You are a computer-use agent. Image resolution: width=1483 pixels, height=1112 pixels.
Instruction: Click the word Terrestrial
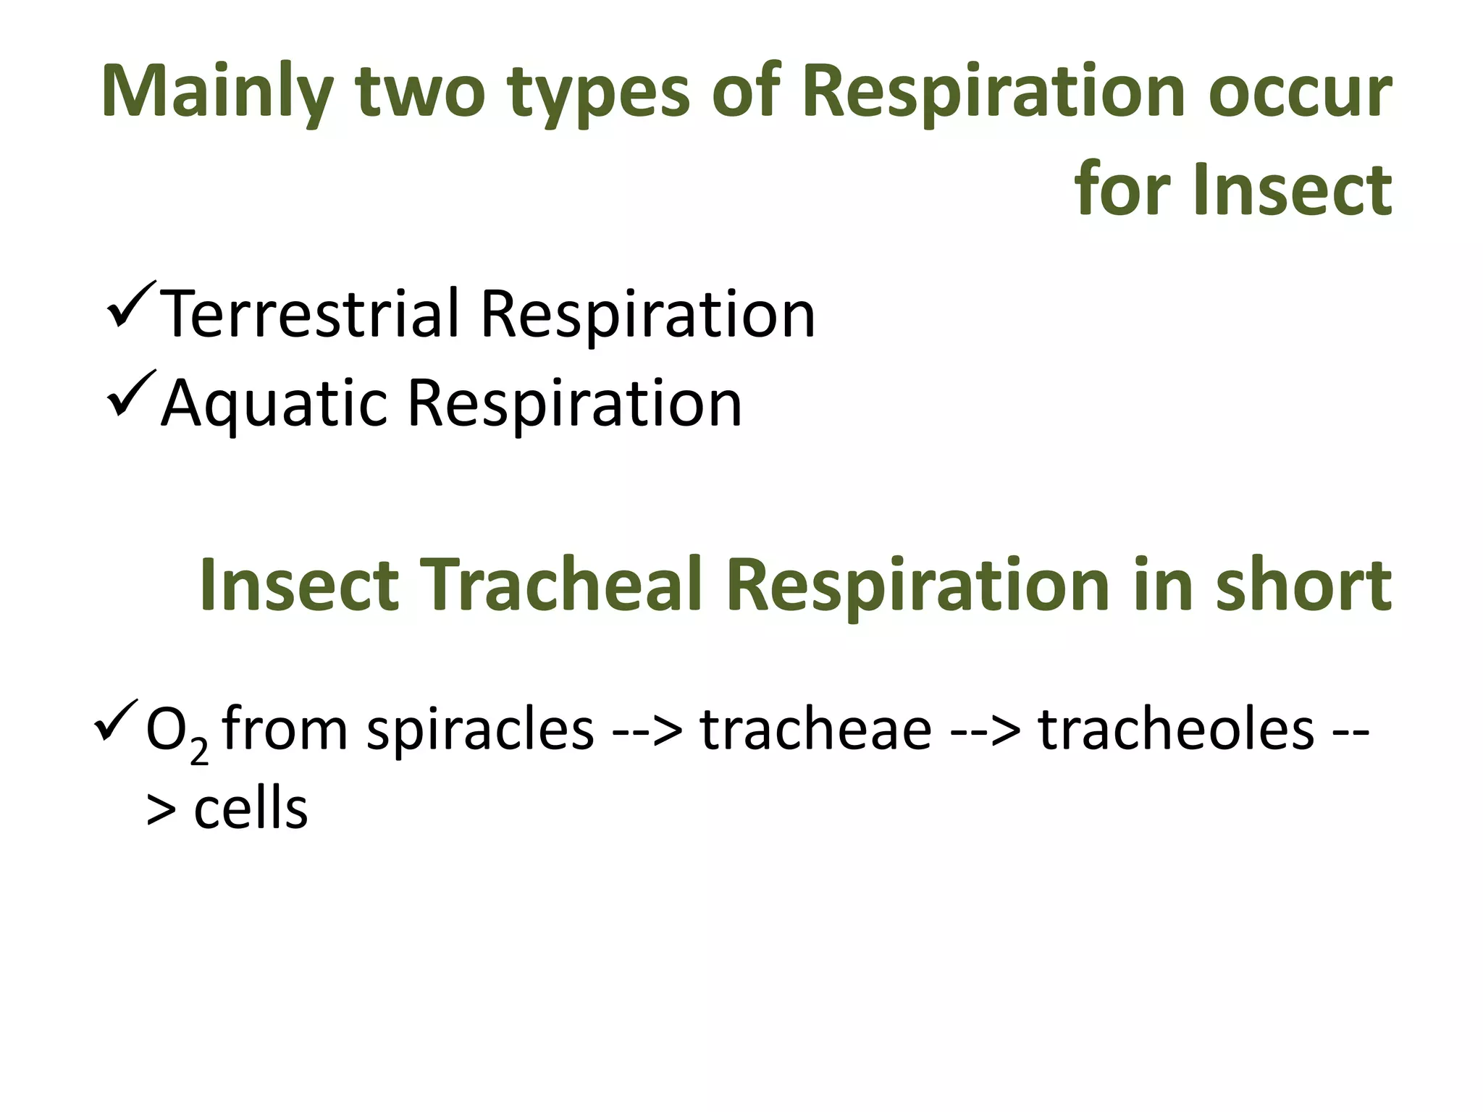coord(310,314)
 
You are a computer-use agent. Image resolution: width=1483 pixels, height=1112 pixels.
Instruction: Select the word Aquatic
coord(274,403)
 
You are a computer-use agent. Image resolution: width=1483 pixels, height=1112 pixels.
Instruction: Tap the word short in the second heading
coord(1303,585)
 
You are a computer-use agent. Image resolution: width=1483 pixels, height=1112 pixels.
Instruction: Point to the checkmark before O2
coord(115,720)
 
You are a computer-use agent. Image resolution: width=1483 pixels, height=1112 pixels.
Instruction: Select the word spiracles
coord(480,729)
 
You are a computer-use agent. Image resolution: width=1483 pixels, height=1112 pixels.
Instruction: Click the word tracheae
coord(816,729)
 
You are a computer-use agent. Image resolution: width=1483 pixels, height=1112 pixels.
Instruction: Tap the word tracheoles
coord(1176,729)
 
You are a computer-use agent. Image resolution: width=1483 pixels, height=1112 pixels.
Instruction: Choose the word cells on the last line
coord(251,808)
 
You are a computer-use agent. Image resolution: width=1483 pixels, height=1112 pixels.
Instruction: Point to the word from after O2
coord(285,729)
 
